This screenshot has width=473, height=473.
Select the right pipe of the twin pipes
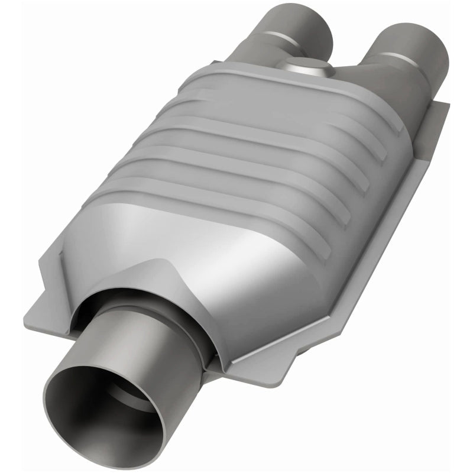click(x=408, y=50)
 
